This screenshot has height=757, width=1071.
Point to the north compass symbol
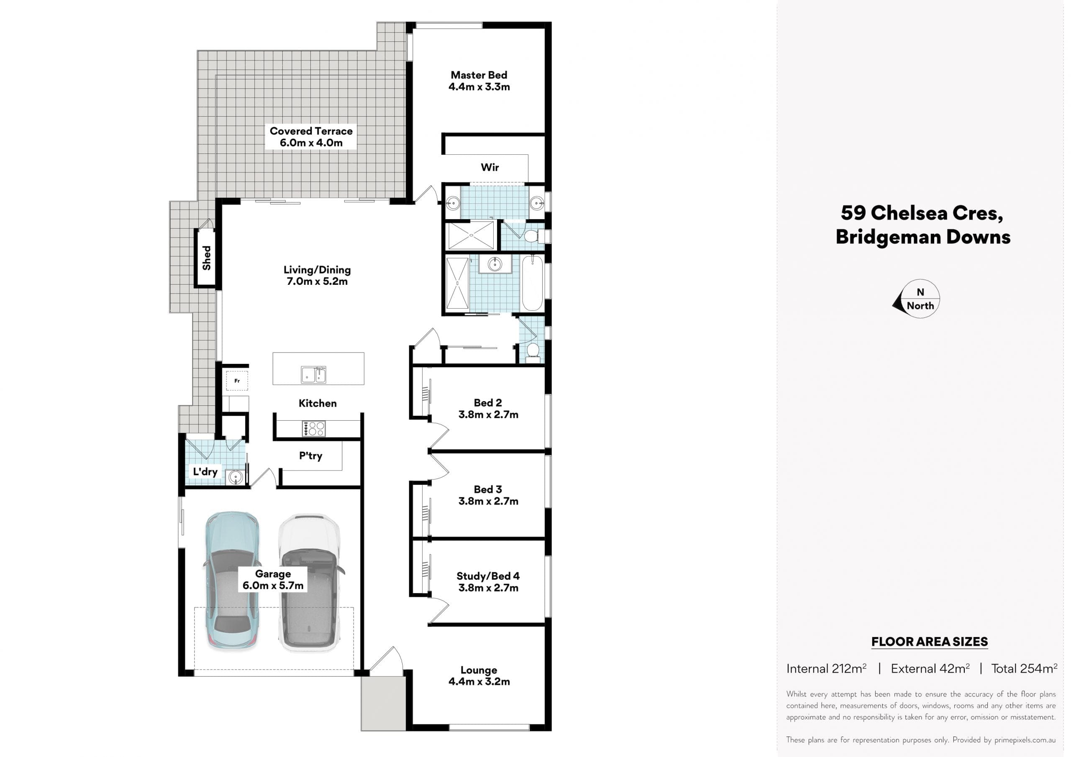point(917,299)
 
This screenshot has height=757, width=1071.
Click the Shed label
point(206,258)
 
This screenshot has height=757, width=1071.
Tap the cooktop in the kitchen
point(313,429)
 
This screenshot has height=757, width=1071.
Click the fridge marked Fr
point(237,381)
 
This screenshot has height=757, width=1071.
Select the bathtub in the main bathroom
point(532,283)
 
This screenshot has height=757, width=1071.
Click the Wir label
point(490,167)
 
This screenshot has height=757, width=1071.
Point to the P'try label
point(311,456)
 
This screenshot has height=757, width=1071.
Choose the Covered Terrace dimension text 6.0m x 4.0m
point(311,143)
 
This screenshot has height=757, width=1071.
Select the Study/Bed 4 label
point(488,576)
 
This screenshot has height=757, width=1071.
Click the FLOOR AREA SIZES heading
point(930,642)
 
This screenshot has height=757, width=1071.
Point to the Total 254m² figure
point(1025,669)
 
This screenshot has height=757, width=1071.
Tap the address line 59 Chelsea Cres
point(922,213)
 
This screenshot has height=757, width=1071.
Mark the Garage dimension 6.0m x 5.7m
point(273,586)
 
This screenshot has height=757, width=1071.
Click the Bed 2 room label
point(488,402)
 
